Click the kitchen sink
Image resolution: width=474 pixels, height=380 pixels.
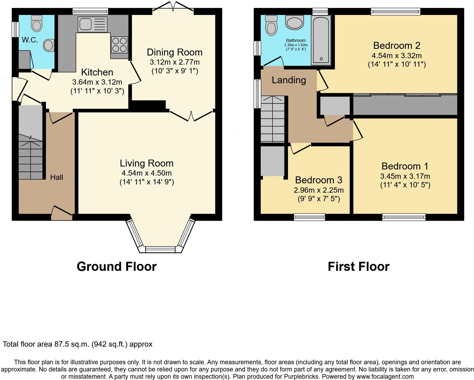[x=92, y=24]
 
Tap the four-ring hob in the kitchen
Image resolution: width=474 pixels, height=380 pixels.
[x=120, y=45]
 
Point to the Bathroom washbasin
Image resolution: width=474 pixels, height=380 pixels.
[x=295, y=22]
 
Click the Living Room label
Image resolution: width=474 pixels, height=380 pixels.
[x=147, y=163]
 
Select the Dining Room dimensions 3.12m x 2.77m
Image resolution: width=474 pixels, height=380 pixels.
[x=175, y=62]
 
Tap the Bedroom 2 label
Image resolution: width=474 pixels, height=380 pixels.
[x=397, y=46]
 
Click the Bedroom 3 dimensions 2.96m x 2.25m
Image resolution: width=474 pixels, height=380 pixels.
[x=319, y=190]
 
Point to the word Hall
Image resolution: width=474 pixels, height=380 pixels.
[x=57, y=177]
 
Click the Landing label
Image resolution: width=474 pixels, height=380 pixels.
[x=289, y=80]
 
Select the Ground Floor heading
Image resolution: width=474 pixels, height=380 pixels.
[x=117, y=267]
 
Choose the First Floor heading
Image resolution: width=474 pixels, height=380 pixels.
[x=358, y=267]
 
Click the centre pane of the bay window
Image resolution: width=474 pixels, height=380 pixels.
[x=160, y=250]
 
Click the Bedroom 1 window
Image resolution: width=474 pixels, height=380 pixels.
[x=404, y=217]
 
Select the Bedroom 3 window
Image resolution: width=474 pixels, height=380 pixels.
[x=309, y=217]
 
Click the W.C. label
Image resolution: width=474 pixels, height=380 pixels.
[x=30, y=40]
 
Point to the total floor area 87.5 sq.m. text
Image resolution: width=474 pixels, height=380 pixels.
[x=77, y=344]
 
